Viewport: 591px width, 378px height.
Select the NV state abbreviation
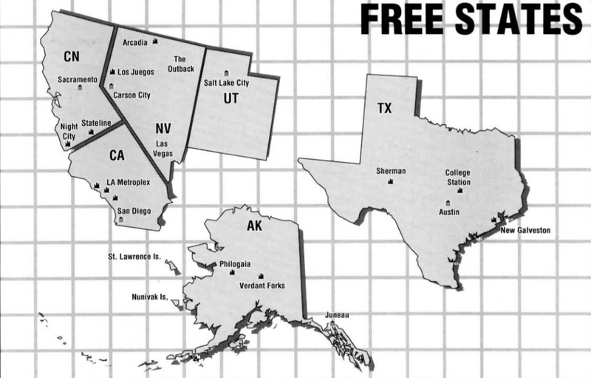click(x=164, y=127)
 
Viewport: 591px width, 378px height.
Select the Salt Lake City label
click(x=227, y=84)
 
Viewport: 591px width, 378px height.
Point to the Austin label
click(x=449, y=212)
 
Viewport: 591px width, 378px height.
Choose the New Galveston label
click(x=525, y=230)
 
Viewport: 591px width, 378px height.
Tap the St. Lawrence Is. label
click(x=135, y=257)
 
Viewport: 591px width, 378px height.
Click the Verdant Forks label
click(x=262, y=286)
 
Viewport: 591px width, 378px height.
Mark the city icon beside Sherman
click(x=391, y=183)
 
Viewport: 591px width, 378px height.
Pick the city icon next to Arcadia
click(x=156, y=41)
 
